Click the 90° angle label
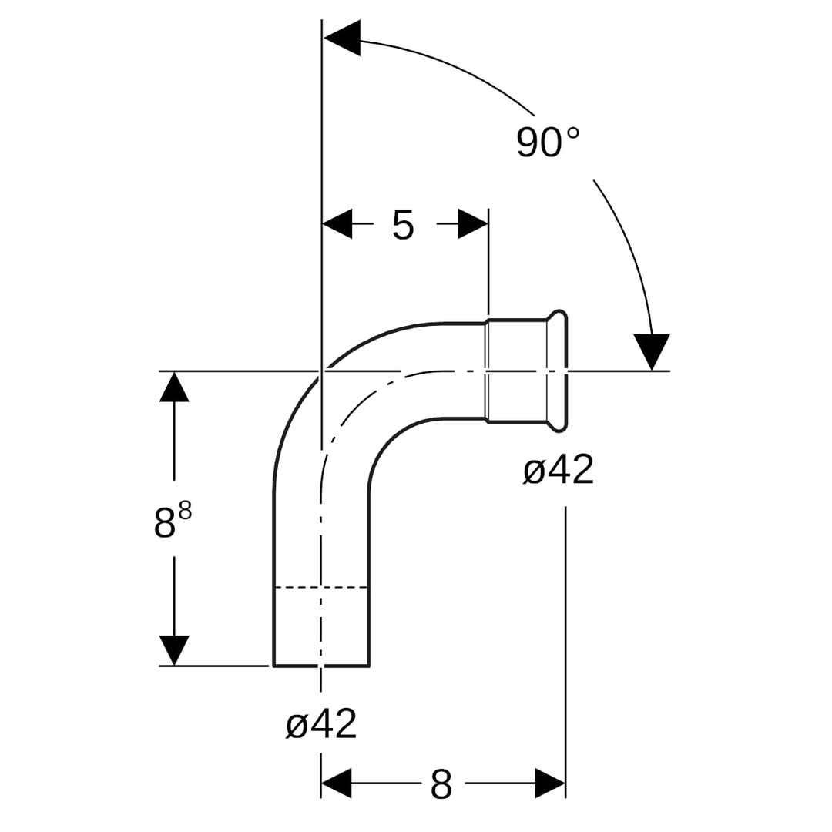coord(549,143)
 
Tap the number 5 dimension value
coord(403,225)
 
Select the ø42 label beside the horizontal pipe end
coord(559,470)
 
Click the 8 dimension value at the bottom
coord(441,783)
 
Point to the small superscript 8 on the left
coord(185,512)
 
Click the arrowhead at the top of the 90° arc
coord(342,39)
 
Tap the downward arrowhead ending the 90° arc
coord(653,352)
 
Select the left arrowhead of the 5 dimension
coord(337,224)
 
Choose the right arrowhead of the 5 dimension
coord(473,224)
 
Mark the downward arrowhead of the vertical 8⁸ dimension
coord(174,650)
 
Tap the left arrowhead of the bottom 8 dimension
coord(337,783)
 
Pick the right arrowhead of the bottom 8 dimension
coord(550,783)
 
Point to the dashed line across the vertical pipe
coord(321,587)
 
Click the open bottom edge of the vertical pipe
coord(321,666)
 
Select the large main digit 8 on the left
coord(165,522)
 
